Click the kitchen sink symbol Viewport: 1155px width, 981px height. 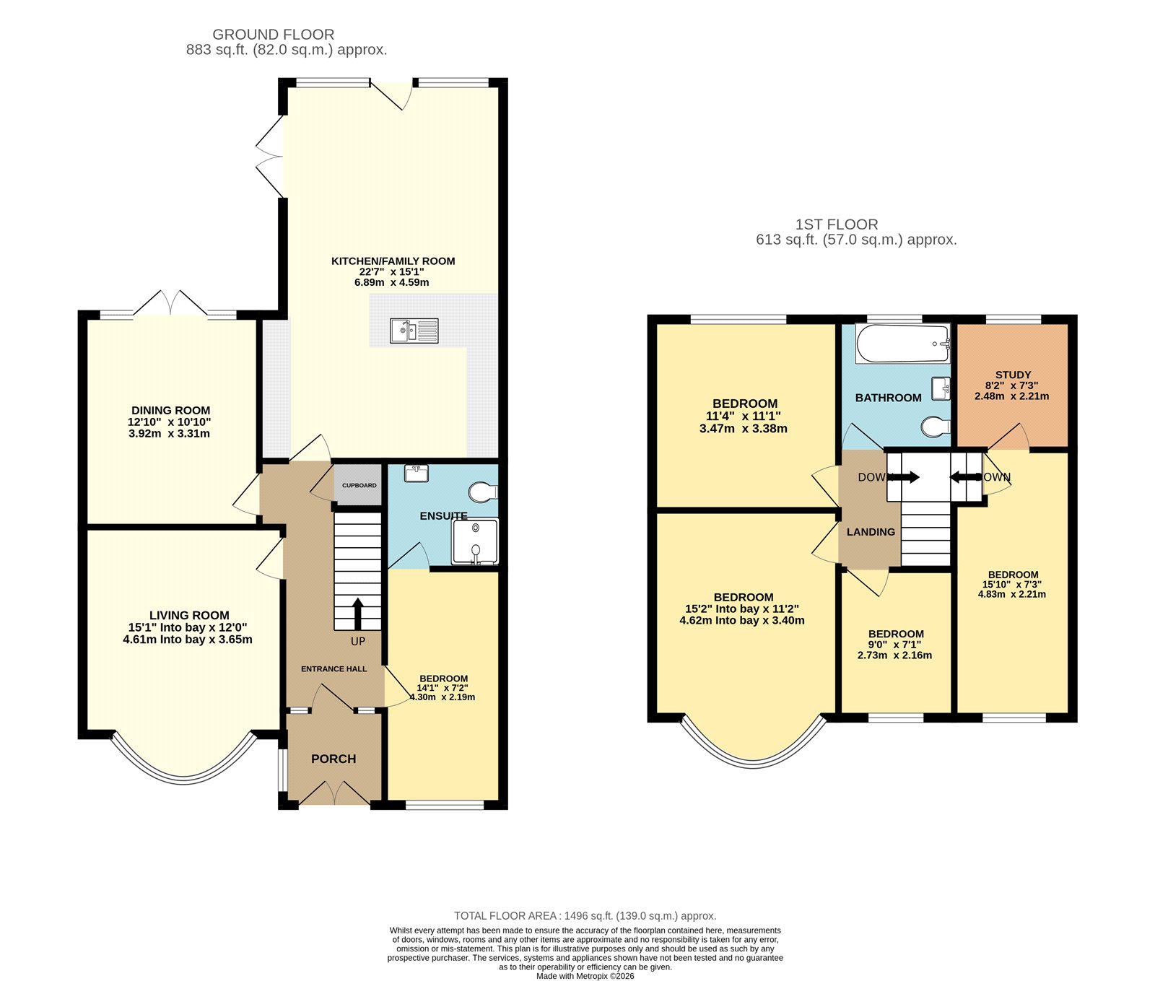click(x=414, y=331)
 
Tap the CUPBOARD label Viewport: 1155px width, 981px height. click(x=359, y=485)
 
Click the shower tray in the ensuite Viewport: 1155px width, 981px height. click(x=474, y=541)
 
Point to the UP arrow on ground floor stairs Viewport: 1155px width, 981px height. click(x=357, y=614)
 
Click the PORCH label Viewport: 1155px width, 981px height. click(x=334, y=759)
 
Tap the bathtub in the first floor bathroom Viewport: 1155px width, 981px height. click(x=902, y=343)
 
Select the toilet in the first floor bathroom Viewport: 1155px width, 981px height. click(x=936, y=427)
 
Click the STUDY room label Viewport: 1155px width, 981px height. click(x=1013, y=375)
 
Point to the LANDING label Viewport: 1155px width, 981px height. click(x=871, y=532)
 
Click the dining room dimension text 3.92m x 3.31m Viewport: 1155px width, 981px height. click(x=169, y=434)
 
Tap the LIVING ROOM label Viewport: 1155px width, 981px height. click(x=189, y=615)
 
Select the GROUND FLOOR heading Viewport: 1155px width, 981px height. click(x=273, y=34)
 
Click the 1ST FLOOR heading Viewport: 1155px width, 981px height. click(x=836, y=224)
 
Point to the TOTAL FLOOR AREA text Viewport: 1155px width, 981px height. click(x=585, y=915)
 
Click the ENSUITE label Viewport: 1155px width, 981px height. click(x=443, y=515)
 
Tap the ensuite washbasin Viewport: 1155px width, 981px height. click(x=417, y=474)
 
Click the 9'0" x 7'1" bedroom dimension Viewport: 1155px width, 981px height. click(x=896, y=645)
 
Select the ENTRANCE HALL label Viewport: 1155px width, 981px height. click(x=334, y=669)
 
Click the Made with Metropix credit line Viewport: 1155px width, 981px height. click(x=585, y=976)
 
